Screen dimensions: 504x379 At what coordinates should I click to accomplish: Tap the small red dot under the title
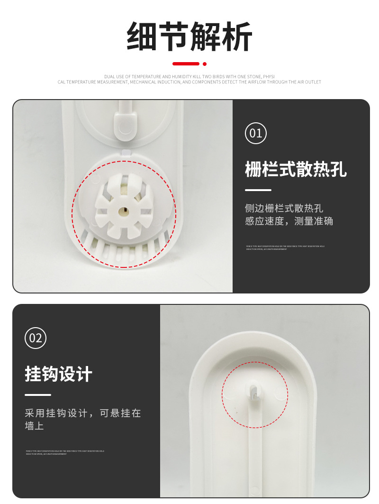(x=205, y=64)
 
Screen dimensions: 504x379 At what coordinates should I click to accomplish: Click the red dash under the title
(x=186, y=64)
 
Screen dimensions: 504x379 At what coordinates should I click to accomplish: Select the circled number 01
(x=256, y=133)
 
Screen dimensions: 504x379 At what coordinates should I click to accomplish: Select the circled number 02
(x=36, y=338)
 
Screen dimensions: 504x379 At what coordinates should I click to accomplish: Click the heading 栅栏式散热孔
(x=296, y=169)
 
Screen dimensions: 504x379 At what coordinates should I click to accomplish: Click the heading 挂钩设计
(x=58, y=374)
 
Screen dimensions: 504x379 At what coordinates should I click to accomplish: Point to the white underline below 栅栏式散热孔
(x=258, y=190)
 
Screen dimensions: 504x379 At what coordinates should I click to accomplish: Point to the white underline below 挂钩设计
(x=38, y=394)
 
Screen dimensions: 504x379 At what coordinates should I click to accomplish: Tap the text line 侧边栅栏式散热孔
(x=284, y=208)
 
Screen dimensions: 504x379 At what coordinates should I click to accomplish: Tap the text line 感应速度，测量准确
(x=289, y=221)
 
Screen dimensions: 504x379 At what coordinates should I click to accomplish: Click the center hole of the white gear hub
(x=124, y=209)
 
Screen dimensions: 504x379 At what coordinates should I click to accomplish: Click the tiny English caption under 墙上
(x=65, y=452)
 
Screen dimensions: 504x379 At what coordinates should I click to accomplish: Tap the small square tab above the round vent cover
(x=126, y=152)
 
